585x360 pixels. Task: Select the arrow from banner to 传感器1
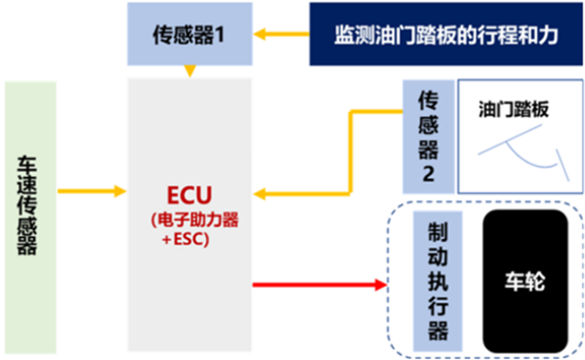click(284, 33)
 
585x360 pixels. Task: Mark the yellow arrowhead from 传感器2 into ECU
click(260, 194)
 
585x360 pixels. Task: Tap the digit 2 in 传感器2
click(427, 175)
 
